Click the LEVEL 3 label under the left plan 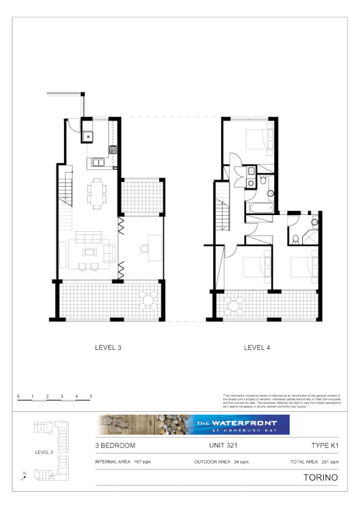tap(108, 348)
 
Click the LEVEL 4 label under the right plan tap(257, 348)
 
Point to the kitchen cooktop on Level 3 tap(113, 149)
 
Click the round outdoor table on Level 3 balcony tap(147, 301)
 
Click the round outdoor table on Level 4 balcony tap(234, 304)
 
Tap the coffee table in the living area tap(90, 252)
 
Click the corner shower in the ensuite tap(314, 222)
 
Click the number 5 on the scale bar tap(91, 396)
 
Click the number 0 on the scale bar tap(18, 396)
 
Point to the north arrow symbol tap(23, 476)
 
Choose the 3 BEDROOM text tap(115, 445)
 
